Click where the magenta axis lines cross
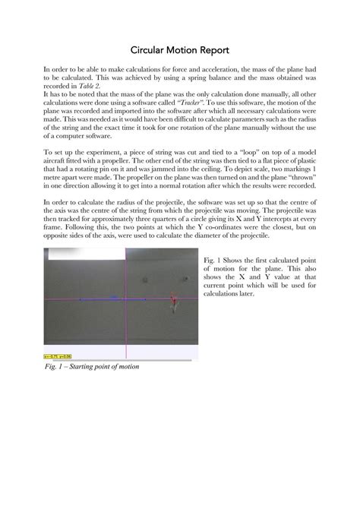[125, 300]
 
